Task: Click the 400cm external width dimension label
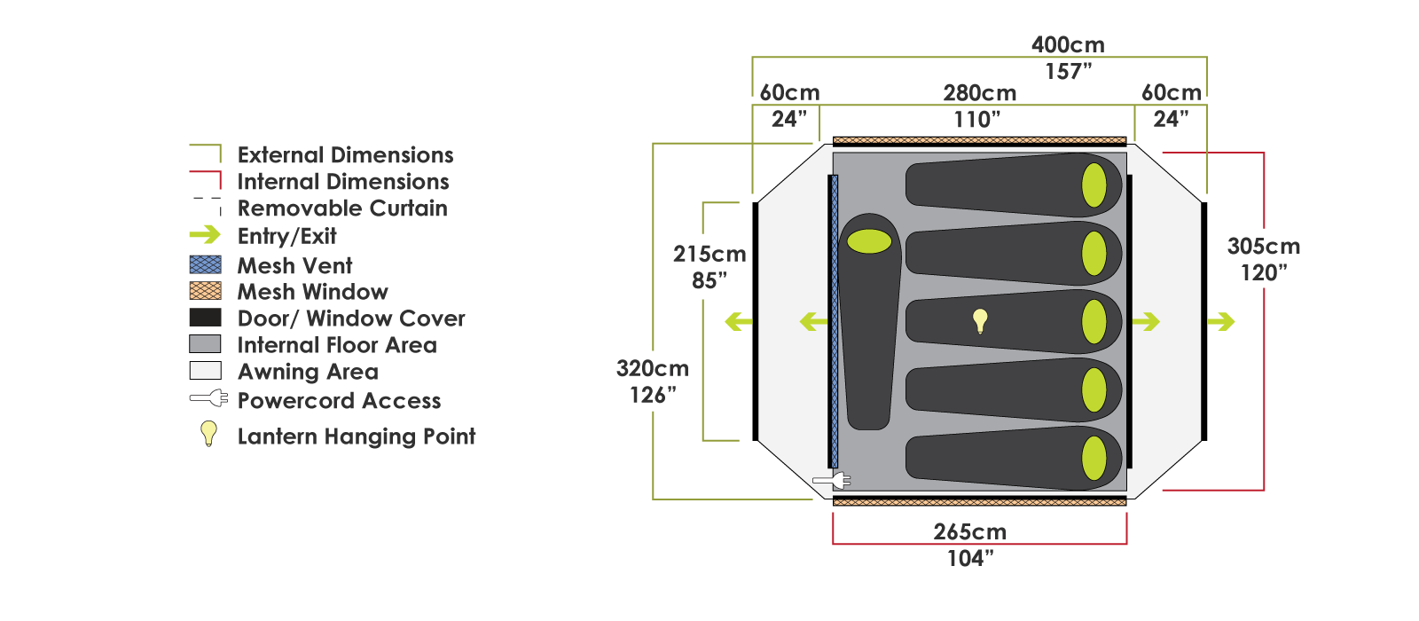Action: coord(1068,45)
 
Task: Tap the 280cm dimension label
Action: coord(979,93)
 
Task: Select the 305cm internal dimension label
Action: coord(1263,247)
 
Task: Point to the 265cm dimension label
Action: coord(969,532)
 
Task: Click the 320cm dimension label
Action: coord(652,369)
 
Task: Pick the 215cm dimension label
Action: coord(709,255)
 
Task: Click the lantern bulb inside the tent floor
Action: coord(980,319)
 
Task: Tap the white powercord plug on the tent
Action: coord(832,480)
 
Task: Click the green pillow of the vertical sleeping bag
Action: coord(869,240)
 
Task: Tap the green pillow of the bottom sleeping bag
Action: coord(1094,459)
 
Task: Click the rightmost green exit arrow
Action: coord(1221,322)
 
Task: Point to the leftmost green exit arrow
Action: coord(738,322)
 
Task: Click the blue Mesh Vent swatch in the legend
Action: coord(205,265)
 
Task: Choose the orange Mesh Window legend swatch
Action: coord(205,291)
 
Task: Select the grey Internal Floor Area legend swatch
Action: coord(205,344)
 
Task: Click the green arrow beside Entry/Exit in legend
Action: coord(205,235)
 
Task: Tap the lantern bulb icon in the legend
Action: coord(208,433)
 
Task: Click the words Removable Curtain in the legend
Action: coord(342,208)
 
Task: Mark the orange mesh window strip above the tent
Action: coord(979,140)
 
